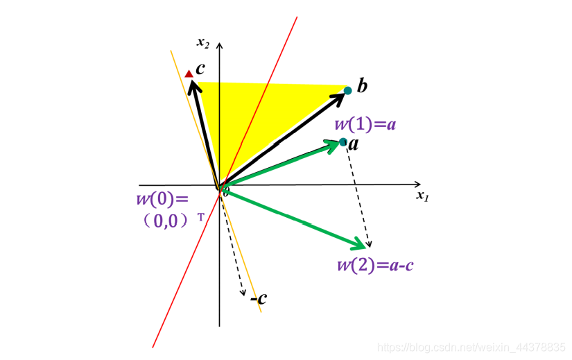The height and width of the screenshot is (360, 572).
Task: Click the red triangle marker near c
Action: click(x=189, y=73)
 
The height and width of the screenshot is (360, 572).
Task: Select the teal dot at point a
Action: click(x=343, y=143)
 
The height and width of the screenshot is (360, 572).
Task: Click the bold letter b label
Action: click(x=362, y=87)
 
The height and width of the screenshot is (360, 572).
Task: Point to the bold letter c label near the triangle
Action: click(x=200, y=69)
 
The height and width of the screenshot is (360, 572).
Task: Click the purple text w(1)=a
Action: click(x=365, y=125)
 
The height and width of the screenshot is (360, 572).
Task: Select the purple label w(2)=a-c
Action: click(x=375, y=265)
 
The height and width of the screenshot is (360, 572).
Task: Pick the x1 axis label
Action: click(x=423, y=196)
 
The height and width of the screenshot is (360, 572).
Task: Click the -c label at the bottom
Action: click(x=259, y=298)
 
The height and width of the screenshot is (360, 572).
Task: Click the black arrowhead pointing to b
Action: click(x=340, y=96)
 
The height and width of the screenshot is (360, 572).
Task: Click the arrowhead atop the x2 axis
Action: click(x=220, y=46)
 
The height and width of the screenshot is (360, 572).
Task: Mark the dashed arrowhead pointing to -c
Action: click(x=244, y=293)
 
